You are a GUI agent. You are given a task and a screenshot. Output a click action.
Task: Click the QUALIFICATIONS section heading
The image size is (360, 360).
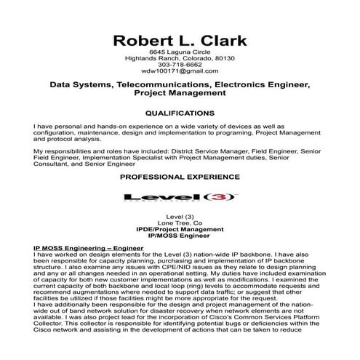click(x=180, y=114)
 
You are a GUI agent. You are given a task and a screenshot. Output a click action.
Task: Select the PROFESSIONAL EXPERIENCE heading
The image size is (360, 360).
click(x=180, y=177)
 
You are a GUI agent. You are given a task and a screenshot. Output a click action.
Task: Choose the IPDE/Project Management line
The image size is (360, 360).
click(x=180, y=229)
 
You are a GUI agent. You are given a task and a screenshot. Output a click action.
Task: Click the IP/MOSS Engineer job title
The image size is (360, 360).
click(x=180, y=236)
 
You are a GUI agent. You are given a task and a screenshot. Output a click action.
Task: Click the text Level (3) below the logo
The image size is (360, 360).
click(x=180, y=216)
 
